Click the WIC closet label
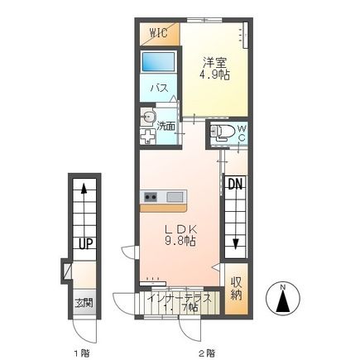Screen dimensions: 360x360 [159, 33]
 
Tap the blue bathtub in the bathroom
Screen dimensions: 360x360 [159, 62]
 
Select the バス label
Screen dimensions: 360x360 [160, 89]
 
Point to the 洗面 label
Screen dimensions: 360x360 [166, 126]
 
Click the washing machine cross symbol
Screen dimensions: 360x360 [147, 137]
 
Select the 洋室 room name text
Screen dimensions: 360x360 [215, 62]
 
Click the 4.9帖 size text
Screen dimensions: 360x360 [215, 74]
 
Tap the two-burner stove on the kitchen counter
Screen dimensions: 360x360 [151, 197]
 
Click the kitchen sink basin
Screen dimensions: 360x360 [175, 197]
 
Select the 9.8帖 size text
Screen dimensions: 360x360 [180, 241]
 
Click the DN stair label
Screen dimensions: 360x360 [235, 184]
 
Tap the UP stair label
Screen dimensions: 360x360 [86, 243]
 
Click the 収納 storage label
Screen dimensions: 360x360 [237, 288]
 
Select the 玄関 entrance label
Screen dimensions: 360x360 [84, 303]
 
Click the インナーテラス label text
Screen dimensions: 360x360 [180, 299]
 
